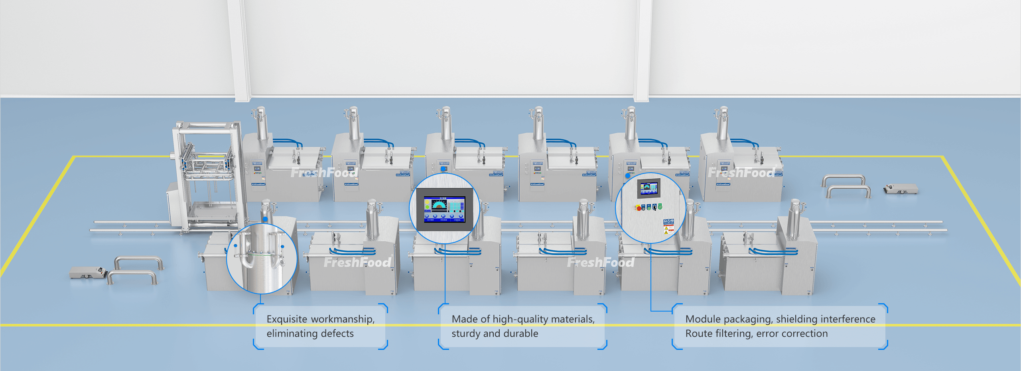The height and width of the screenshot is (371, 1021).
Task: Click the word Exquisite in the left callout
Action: [x=287, y=319]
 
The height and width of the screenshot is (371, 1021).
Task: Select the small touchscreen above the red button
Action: [x=648, y=188]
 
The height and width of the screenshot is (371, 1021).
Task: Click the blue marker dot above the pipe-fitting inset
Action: [x=266, y=219]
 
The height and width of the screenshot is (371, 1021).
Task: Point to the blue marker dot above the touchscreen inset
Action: [x=443, y=169]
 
